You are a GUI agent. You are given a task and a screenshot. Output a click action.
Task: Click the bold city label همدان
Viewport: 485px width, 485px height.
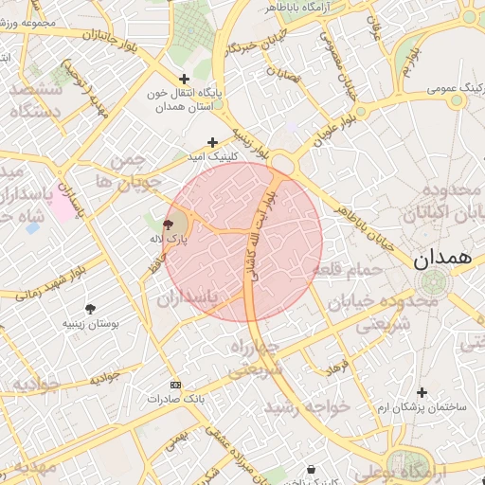tap(442, 257)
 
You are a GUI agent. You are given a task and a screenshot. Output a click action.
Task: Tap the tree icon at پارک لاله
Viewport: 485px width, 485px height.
tap(168, 225)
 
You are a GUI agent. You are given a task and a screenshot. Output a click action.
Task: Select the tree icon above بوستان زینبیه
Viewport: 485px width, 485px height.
tap(90, 309)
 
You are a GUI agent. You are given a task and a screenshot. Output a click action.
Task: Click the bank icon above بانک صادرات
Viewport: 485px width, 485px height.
tap(174, 385)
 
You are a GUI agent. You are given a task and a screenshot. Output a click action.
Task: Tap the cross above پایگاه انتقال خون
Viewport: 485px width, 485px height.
tap(184, 79)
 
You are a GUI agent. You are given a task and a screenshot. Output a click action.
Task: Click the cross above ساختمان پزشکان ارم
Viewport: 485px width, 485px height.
tap(422, 392)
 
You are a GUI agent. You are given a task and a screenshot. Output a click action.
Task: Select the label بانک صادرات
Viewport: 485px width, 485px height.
tap(175, 399)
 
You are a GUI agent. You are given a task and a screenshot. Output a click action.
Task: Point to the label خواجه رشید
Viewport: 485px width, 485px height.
tap(307, 405)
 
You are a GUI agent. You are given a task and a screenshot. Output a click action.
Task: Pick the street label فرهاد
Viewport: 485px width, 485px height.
tap(338, 364)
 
